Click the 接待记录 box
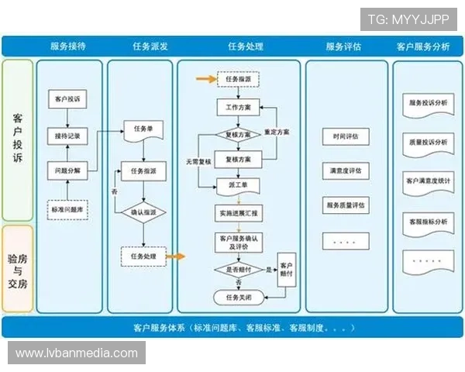point(67,136)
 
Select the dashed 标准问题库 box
point(67,209)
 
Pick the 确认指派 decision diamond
point(143,212)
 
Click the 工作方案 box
point(237,107)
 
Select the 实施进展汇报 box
point(237,212)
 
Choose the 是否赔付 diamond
point(237,269)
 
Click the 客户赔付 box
point(286,269)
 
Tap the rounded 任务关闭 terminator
point(237,296)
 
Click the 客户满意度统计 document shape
point(427,181)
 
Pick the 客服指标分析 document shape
point(427,222)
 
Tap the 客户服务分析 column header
point(423,46)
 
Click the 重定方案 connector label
point(277,133)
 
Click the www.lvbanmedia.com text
point(77,353)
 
